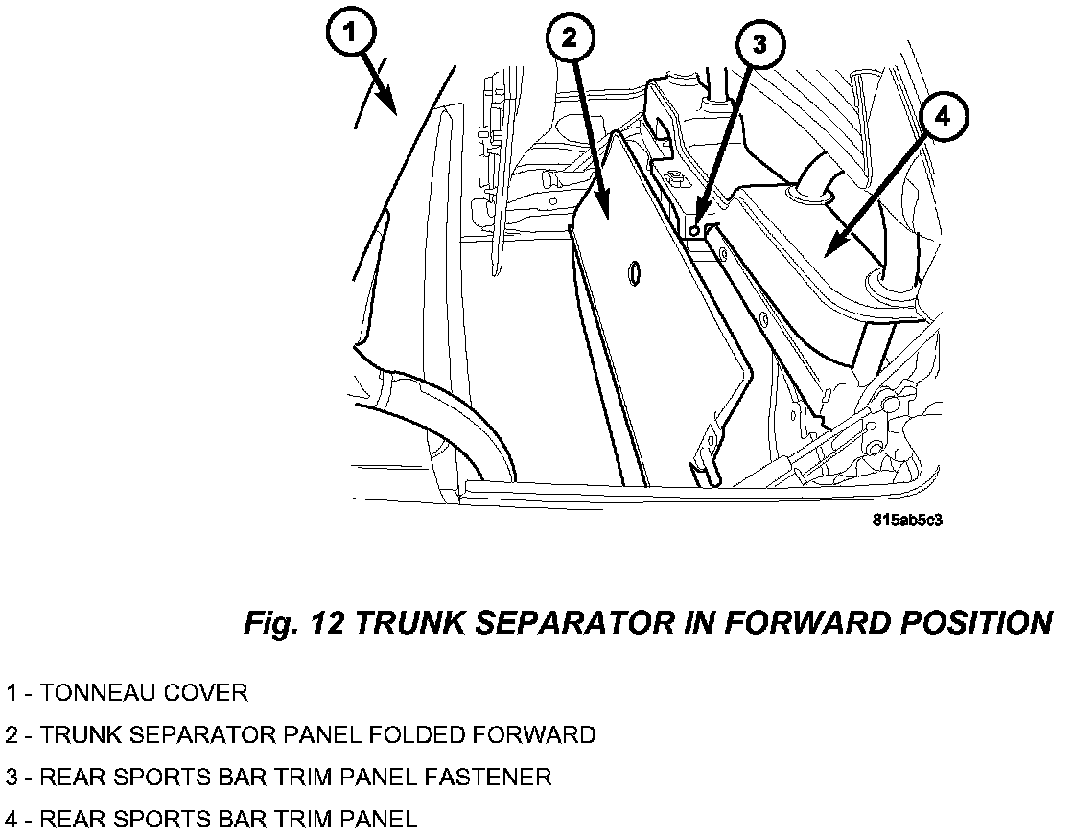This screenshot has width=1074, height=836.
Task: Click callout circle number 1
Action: point(350,33)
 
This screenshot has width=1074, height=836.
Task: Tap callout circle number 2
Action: point(571,38)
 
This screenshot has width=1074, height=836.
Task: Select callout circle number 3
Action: point(760,44)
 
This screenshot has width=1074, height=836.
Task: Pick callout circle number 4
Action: point(943,117)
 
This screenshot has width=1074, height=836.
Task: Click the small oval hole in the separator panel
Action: point(634,273)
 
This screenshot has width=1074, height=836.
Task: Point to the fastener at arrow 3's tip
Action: point(694,231)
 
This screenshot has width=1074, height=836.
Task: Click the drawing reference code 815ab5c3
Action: point(907,521)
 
